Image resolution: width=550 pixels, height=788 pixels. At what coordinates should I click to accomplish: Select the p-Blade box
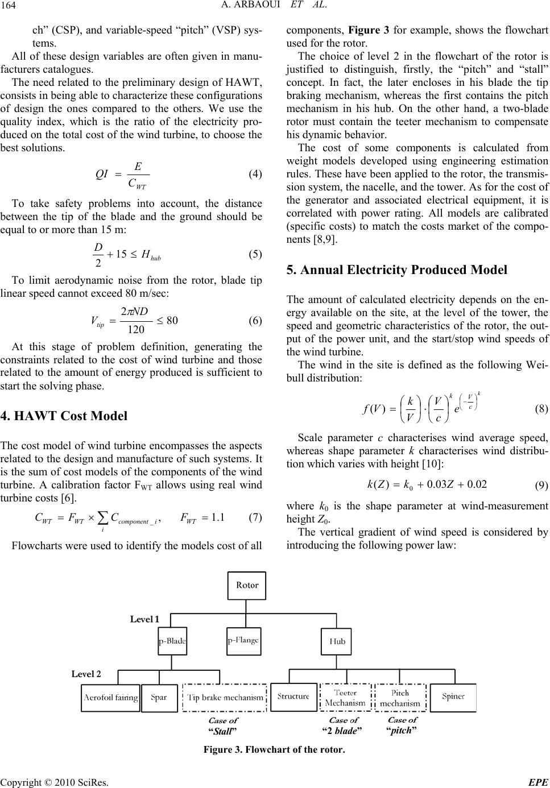tap(172, 641)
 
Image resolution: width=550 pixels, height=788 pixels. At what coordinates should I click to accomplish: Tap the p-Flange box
tap(243, 641)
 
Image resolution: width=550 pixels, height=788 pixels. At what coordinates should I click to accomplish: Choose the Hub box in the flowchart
tap(337, 641)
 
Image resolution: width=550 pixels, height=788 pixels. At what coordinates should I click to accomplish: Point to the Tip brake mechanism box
tap(226, 698)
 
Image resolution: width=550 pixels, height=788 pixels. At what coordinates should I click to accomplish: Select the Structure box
tap(293, 696)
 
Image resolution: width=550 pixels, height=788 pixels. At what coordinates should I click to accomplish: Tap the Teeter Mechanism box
tap(345, 698)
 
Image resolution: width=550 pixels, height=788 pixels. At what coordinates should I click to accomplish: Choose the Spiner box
tap(453, 696)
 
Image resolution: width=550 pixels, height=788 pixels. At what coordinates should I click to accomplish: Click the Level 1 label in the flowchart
tap(144, 619)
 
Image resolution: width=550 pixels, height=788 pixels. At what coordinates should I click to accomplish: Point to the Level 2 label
tap(86, 674)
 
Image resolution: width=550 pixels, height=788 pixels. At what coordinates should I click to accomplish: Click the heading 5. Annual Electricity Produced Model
tap(396, 269)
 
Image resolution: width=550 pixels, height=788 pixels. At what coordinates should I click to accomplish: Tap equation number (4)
tap(255, 175)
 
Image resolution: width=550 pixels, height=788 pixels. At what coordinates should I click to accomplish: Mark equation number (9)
tap(541, 486)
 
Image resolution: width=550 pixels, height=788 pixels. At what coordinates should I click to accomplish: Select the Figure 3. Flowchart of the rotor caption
tap(274, 749)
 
